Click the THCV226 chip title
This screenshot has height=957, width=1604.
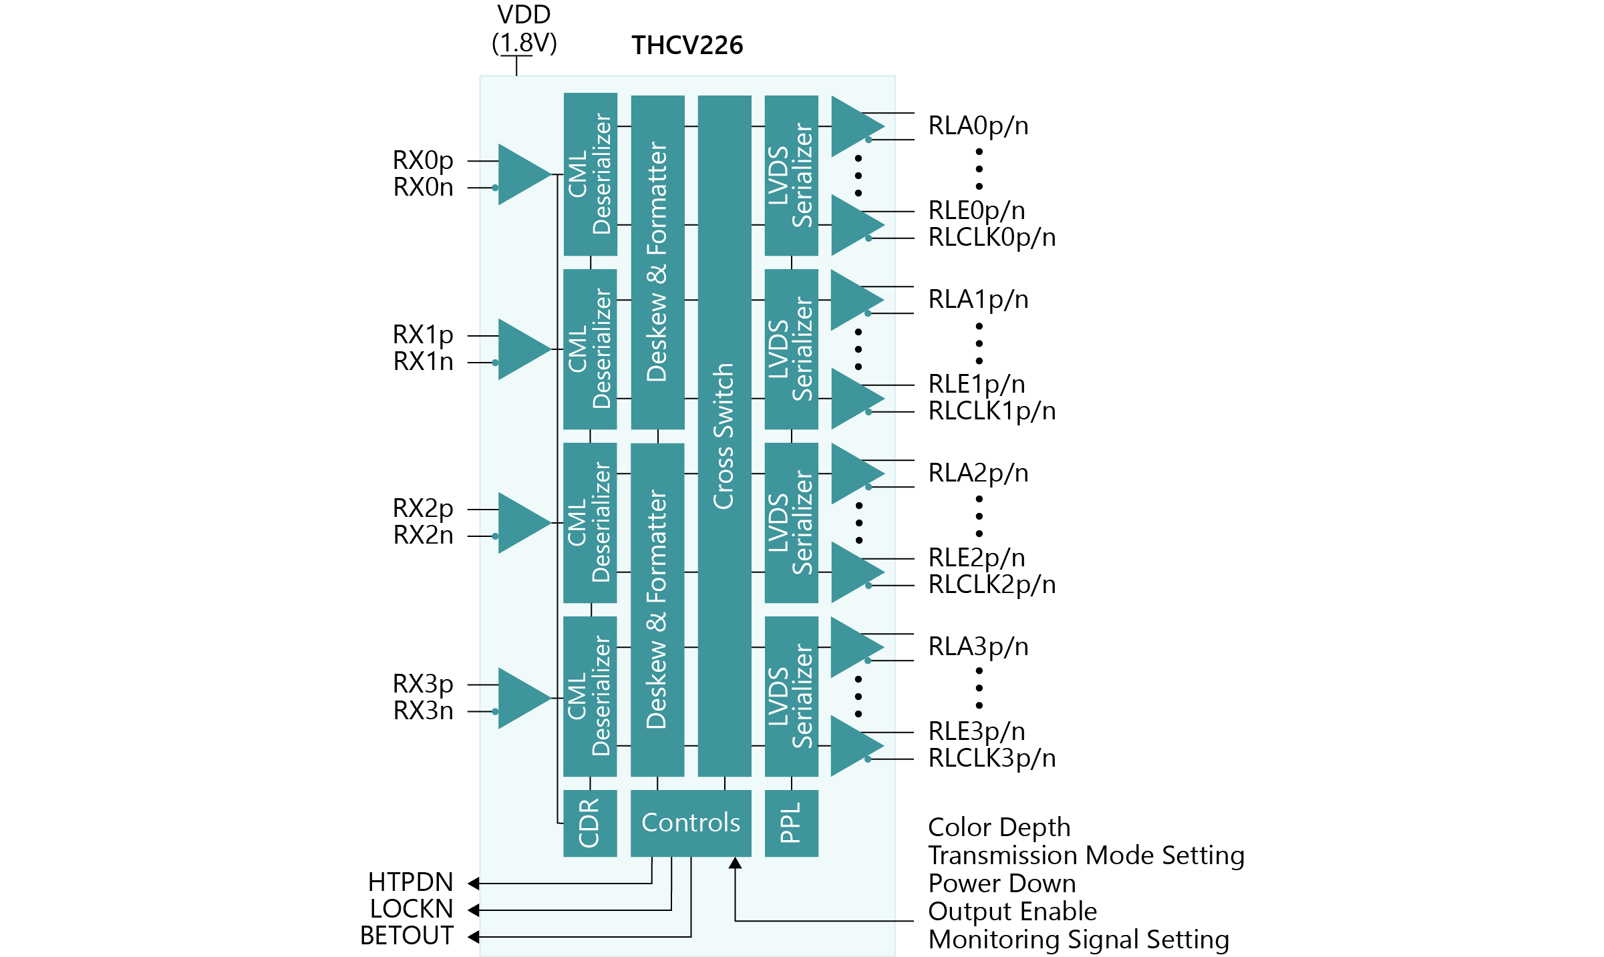[x=687, y=45]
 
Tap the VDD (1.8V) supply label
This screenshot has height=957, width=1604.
[x=524, y=29]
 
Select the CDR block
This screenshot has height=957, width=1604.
[x=590, y=823]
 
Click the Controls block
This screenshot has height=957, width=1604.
[x=691, y=823]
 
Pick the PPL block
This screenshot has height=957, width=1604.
[x=791, y=823]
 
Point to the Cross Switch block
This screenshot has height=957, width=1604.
[x=724, y=435]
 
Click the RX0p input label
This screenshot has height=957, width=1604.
[x=423, y=160]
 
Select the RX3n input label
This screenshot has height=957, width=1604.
[x=423, y=711]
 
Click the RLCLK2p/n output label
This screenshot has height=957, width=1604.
[x=992, y=584]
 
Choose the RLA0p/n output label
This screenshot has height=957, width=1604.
[x=978, y=126]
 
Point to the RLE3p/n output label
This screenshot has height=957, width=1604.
[x=977, y=731]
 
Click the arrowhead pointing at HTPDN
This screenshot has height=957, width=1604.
[x=474, y=883]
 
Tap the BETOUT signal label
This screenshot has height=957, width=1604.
[x=407, y=936]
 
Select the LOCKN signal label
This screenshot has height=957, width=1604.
[x=412, y=909]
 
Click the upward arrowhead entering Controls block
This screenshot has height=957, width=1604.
[x=735, y=863]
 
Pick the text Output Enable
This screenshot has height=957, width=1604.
[x=1012, y=911]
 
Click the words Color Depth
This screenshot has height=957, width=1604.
[x=999, y=827]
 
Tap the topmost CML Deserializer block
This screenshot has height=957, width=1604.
[x=590, y=174]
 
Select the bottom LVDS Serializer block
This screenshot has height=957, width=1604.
[x=791, y=696]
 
